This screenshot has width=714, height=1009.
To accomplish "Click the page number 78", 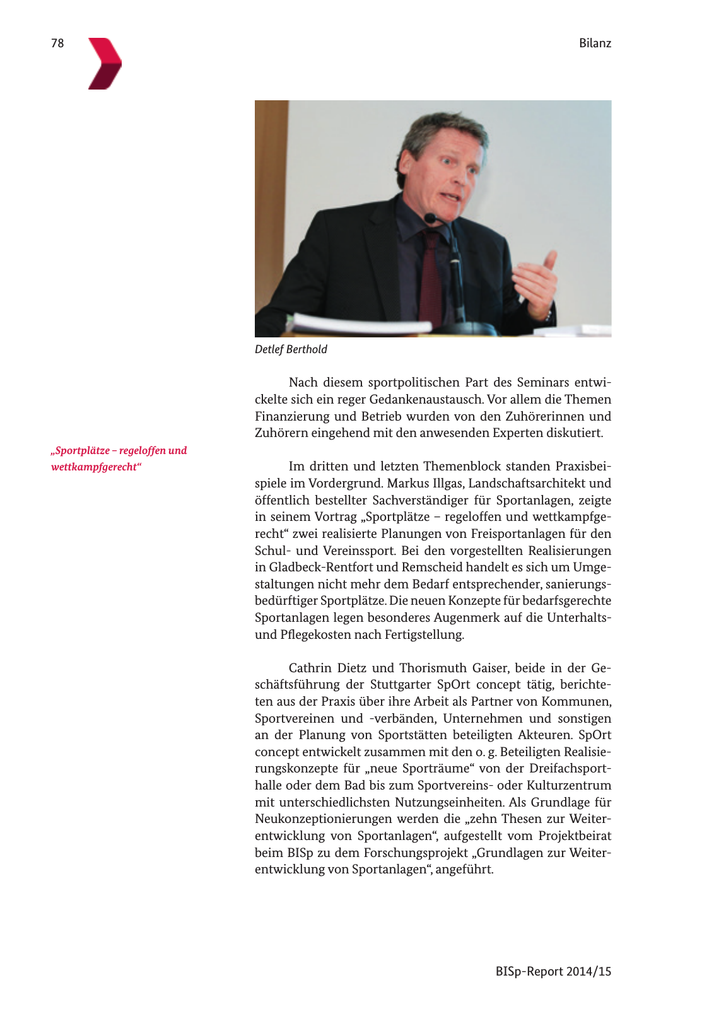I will pos(57,43).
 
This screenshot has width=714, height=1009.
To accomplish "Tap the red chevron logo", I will pos(104,64).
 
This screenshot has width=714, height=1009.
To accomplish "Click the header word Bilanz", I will pos(595,43).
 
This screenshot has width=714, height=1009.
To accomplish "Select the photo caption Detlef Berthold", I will pos(291,349).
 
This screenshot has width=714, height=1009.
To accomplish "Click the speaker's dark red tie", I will pos(431,277).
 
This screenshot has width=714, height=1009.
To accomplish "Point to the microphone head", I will pos(431,218).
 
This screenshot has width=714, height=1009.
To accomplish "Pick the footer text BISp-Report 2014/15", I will pos(553,971).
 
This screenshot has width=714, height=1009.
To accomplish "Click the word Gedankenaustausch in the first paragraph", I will pos(426,400).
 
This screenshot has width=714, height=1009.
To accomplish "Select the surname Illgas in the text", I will pos(448,484).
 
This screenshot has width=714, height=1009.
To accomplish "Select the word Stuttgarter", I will pos(400,685).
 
